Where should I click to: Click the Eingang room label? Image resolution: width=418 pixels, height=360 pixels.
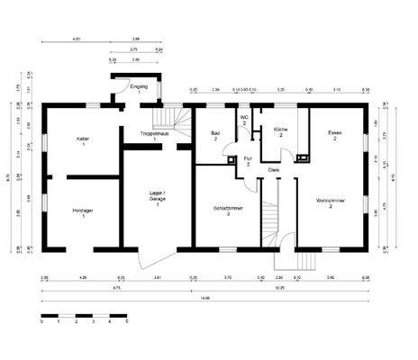(x=138, y=86)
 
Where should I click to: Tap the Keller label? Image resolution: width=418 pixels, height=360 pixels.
(x=82, y=139)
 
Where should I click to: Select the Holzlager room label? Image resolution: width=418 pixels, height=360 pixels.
(x=82, y=211)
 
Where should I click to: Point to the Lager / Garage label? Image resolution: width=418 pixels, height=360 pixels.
(x=158, y=195)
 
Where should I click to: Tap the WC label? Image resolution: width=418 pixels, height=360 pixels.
(x=243, y=119)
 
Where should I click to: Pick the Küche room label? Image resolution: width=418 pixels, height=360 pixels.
(x=281, y=130)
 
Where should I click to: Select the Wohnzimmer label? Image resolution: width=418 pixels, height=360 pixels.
(x=331, y=202)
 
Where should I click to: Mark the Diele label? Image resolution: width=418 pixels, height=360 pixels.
(x=274, y=167)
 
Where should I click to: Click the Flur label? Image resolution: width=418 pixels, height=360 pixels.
(x=248, y=160)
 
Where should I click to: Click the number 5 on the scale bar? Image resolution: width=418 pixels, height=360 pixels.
(x=126, y=321)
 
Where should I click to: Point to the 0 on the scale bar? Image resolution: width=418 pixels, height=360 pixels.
(x=42, y=321)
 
